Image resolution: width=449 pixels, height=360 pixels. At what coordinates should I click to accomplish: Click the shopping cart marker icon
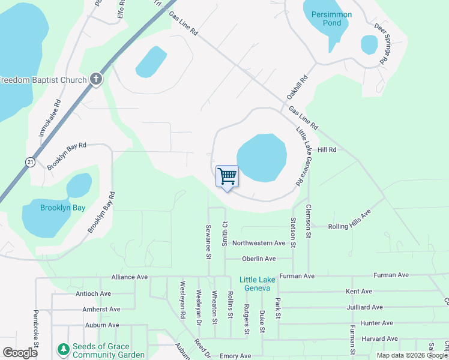(227, 176)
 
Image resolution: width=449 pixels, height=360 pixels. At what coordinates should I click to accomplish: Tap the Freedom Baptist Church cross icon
(96, 79)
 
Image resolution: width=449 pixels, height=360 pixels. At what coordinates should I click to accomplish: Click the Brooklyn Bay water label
(62, 208)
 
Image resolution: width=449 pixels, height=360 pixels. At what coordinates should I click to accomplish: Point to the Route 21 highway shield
(29, 162)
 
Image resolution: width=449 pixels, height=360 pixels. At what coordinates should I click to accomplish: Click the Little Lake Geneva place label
(258, 284)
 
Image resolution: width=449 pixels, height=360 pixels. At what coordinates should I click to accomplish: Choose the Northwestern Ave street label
(259, 243)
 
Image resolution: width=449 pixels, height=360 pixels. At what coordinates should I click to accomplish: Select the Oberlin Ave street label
(259, 259)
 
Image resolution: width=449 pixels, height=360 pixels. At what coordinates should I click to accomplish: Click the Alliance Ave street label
(129, 277)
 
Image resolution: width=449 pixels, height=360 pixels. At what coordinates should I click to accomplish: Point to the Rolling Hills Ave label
(349, 221)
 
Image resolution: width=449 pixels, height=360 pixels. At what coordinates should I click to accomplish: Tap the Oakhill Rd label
(297, 87)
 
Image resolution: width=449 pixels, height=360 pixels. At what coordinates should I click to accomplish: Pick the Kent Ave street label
(359, 292)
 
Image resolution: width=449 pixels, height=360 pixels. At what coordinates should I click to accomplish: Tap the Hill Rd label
(327, 149)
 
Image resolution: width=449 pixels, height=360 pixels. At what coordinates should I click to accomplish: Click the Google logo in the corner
(20, 353)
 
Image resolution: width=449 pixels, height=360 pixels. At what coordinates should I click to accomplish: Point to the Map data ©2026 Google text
(412, 355)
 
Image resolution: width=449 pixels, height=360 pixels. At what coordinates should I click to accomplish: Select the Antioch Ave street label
(94, 293)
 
